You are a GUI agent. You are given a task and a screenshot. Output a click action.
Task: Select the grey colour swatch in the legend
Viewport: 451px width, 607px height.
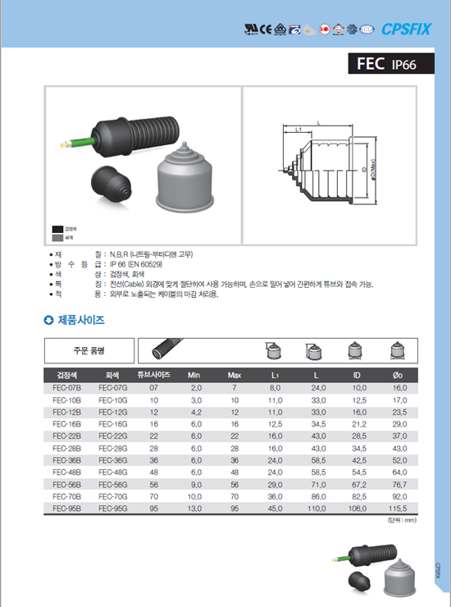tap(57, 238)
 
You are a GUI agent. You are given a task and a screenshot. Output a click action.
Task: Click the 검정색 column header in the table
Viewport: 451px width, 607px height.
tap(66, 375)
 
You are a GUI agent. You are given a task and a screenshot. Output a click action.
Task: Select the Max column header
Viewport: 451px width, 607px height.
tap(234, 375)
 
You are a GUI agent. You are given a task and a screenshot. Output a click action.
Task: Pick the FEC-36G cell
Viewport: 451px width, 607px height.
tap(112, 461)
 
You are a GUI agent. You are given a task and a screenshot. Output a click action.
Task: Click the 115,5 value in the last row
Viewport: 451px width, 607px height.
tap(399, 509)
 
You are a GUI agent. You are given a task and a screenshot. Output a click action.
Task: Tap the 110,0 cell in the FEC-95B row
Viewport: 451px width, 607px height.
tap(317, 509)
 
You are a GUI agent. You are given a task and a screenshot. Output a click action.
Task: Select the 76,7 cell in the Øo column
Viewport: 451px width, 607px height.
tap(399, 486)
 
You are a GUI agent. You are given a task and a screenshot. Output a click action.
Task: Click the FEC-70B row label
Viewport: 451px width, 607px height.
tap(66, 497)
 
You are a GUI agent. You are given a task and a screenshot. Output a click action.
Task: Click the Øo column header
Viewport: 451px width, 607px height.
tap(399, 375)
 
